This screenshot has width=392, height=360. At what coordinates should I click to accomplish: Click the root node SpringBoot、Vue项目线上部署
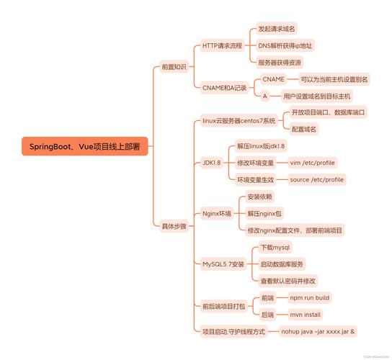pos(85,146)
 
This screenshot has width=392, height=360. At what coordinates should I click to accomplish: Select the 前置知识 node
pos(174,67)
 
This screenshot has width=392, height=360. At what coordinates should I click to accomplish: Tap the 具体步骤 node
pos(174,226)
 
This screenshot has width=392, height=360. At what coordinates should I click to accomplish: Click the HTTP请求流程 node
pos(222,45)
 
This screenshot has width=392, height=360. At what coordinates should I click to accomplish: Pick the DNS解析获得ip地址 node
pos(285,45)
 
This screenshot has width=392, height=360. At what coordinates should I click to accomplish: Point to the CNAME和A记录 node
pos(225,88)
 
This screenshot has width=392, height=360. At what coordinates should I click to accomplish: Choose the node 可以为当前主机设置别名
pos(334,79)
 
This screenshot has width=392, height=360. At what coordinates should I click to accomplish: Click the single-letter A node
pos(265,96)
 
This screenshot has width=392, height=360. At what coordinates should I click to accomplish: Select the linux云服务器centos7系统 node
pos(239,121)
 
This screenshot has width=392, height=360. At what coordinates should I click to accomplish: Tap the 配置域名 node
pos(304,129)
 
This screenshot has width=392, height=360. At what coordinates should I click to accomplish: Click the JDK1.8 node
pos(212,163)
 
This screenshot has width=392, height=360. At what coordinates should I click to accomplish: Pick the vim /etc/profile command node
pos(313,163)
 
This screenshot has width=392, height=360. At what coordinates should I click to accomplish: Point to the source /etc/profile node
pos(317,179)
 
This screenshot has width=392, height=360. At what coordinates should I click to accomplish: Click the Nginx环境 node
pos(217,214)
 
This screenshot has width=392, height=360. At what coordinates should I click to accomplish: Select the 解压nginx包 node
pos(264,214)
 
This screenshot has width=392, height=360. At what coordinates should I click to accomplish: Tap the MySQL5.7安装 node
pos(223,264)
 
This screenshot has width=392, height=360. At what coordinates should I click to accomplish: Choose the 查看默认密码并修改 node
pos(288,281)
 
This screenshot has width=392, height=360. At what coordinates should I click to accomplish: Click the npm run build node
pos(310,298)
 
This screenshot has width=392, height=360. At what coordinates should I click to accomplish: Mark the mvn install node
pos(306,315)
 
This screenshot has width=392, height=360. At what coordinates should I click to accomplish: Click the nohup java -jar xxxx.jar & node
pos(318,332)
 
